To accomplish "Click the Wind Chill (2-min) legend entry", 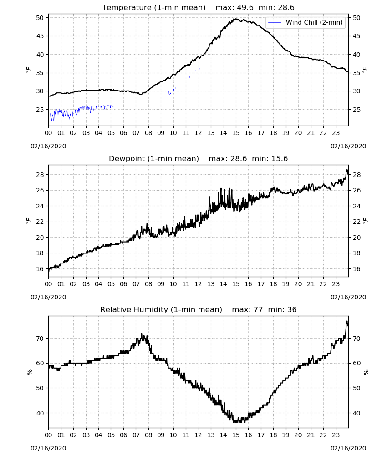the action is pyautogui.click(x=306, y=22).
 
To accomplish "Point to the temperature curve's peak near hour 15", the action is pyautogui.click(x=236, y=19).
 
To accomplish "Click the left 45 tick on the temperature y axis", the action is pyautogui.click(x=40, y=36).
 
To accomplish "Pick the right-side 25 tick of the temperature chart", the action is pyautogui.click(x=356, y=110).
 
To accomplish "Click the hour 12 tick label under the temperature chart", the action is pyautogui.click(x=199, y=133).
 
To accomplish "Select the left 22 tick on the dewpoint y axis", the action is pyautogui.click(x=40, y=222).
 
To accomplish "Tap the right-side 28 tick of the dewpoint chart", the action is pyautogui.click(x=356, y=175).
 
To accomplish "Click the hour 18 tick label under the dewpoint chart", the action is pyautogui.click(x=273, y=284).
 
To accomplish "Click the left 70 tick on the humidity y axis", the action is pyautogui.click(x=40, y=339).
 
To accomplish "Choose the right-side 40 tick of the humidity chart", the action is pyautogui.click(x=356, y=413).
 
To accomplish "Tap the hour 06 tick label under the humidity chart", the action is pyautogui.click(x=123, y=435).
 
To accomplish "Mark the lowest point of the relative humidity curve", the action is pyautogui.click(x=235, y=422).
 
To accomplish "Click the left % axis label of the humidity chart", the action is pyautogui.click(x=29, y=372).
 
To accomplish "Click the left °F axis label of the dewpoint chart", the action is pyautogui.click(x=28, y=221).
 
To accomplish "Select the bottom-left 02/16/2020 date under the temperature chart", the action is pyautogui.click(x=48, y=146).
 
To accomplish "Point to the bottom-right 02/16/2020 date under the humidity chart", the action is pyautogui.click(x=348, y=448).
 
